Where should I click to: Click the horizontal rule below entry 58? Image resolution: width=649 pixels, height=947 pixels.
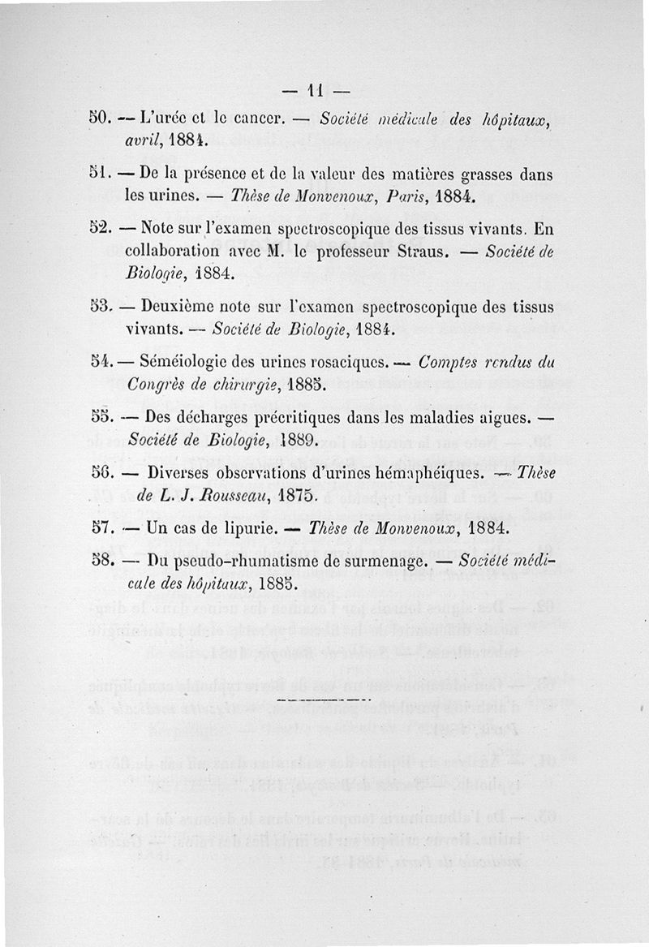323,697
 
